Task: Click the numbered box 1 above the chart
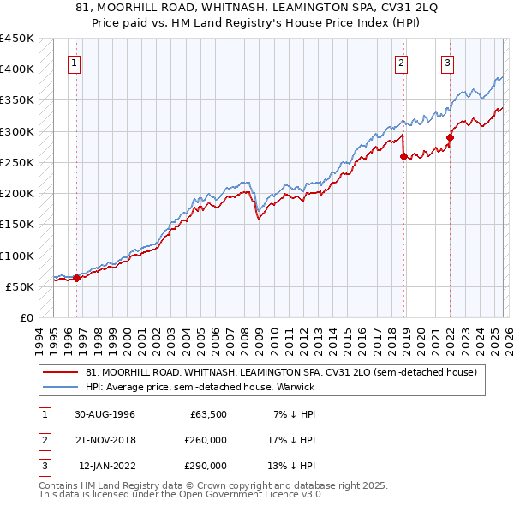75,62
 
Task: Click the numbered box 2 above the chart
401,62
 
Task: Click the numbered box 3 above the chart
447,62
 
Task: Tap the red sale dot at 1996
76,277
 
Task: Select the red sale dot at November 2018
403,155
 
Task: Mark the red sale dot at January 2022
450,137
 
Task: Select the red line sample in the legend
60,372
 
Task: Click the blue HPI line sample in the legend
60,387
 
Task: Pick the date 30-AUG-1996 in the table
105,414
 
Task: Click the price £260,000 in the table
206,440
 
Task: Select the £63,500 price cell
208,414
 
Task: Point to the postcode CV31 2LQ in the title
373,8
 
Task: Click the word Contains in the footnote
60,485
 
